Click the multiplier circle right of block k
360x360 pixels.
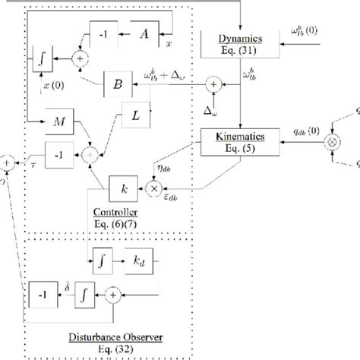point(155,186)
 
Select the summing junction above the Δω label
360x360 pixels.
point(216,84)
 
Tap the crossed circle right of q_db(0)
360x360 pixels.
point(330,142)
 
